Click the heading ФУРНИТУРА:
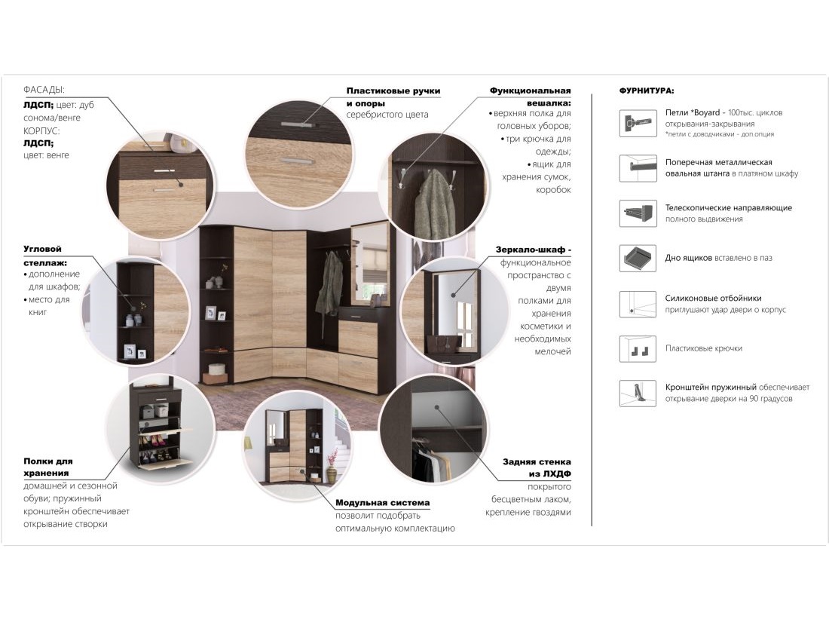point(646,91)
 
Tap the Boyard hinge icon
point(638,123)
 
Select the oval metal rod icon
point(638,168)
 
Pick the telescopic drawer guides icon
point(638,213)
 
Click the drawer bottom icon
point(638,258)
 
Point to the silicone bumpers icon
point(638,304)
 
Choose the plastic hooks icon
point(638,348)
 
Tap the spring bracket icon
point(638,393)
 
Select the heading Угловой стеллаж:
point(45,256)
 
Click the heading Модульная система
point(382,502)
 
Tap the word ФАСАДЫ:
point(44,90)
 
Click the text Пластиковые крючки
point(704,348)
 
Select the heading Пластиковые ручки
point(393,91)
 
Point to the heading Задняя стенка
point(537,461)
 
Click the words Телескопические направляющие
point(729,208)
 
